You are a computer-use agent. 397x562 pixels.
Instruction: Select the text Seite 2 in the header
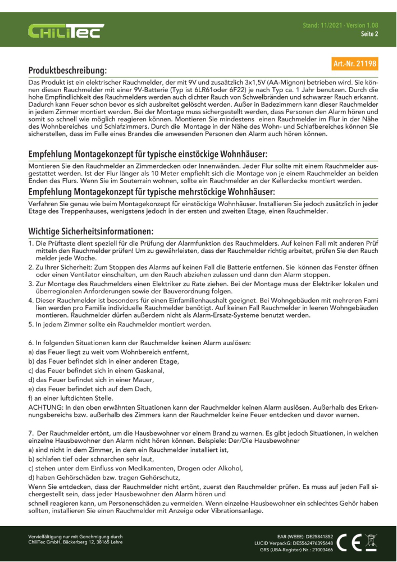pyautogui.click(x=369, y=34)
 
